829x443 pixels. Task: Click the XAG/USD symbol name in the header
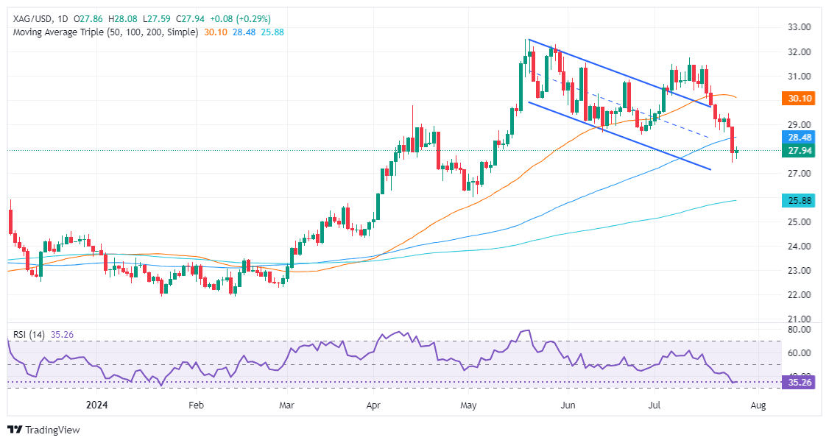coord(31,18)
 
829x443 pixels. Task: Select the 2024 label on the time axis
coord(97,405)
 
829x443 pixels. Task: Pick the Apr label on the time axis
coord(373,405)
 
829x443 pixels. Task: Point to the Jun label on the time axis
coord(566,405)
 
